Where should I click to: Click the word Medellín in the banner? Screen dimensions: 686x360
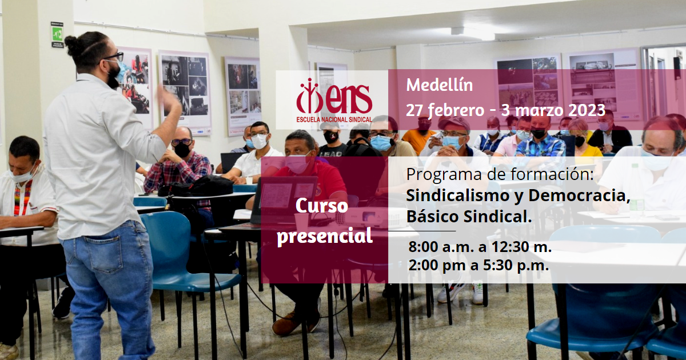coord(439,85)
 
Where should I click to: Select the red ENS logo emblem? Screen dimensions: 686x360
coord(334,96)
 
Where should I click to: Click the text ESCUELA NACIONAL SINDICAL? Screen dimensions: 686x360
coord(334,119)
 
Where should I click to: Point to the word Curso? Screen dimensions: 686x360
coord(321,206)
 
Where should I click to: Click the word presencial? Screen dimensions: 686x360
coord(325,236)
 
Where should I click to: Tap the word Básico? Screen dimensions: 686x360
coord(432,216)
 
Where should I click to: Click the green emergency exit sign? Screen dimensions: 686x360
coord(57,33)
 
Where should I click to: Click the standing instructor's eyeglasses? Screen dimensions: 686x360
coord(114,57)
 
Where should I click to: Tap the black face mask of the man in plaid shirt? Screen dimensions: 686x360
coord(182,149)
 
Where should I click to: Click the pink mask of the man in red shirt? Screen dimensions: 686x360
coord(298,165)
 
